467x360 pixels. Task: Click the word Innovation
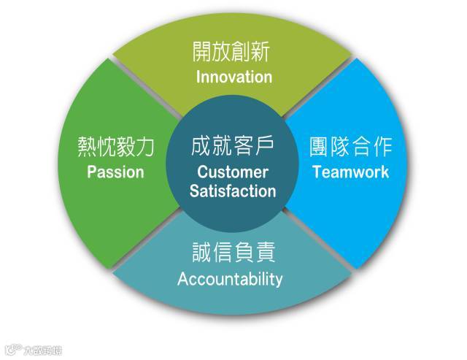coord(233,77)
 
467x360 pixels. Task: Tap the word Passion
coord(115,173)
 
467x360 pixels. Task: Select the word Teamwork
coord(350,173)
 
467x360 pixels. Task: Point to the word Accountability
coord(230,279)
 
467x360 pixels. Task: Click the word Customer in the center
coord(233,173)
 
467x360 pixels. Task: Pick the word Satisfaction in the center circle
coord(233,192)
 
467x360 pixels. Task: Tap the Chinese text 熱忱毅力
coord(116,148)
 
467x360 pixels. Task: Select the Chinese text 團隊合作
coord(351,148)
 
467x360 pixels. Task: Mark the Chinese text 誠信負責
coord(231,254)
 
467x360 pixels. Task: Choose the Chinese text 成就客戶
coord(233,148)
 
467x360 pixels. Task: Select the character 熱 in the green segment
coord(87,148)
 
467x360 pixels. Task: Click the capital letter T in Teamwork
coord(316,173)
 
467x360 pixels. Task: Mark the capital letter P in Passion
coord(92,173)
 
